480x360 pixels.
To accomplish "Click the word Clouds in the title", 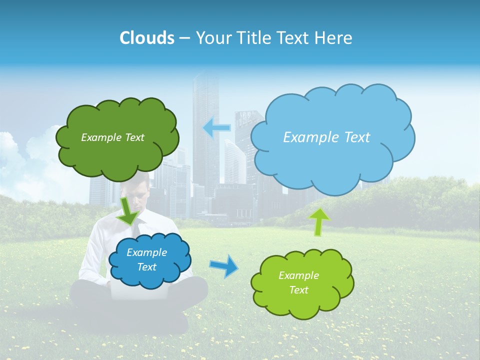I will [147, 38].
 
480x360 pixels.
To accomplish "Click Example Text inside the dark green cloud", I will [112, 137].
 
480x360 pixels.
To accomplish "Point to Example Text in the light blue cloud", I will [326, 137].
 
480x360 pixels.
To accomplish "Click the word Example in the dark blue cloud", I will [146, 252].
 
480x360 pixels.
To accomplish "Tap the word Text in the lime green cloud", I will [298, 290].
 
